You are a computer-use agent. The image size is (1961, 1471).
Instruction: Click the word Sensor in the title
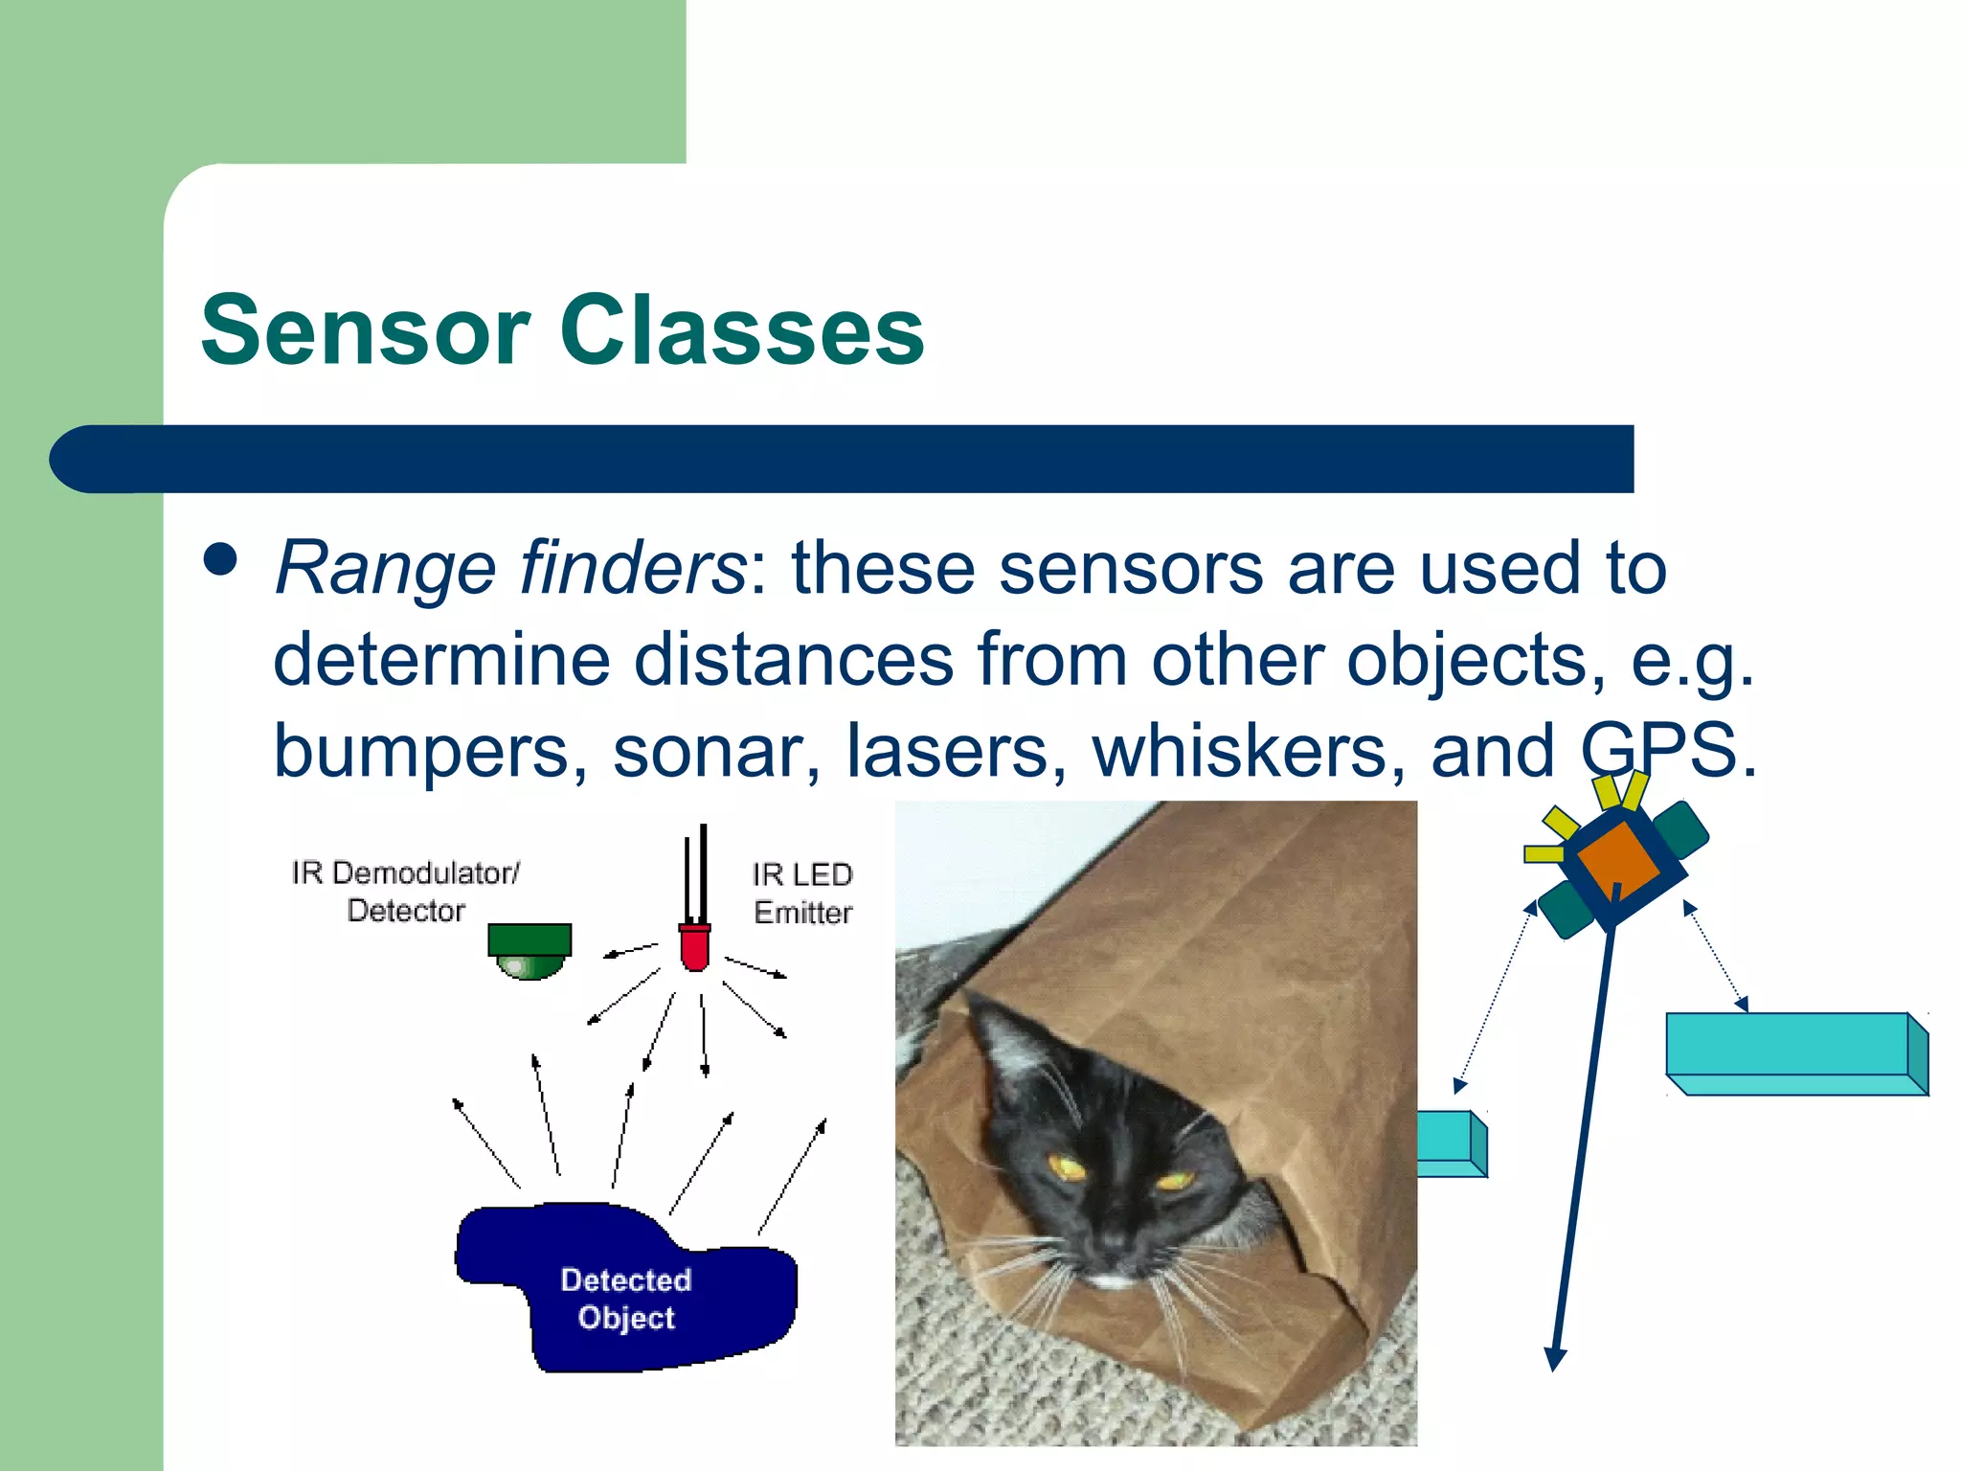coord(365,330)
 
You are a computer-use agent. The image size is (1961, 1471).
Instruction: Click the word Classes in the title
coord(742,330)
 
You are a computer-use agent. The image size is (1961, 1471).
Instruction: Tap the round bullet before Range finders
coord(221,560)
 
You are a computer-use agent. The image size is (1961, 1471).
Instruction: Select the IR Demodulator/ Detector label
coord(406,892)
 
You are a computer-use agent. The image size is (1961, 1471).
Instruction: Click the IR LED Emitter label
coord(802,894)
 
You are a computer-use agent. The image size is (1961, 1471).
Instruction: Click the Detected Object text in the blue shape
coord(626,1299)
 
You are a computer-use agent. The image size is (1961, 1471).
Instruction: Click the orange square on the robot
coord(1617,857)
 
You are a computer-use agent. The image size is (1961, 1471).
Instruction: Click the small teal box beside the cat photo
coord(1450,1143)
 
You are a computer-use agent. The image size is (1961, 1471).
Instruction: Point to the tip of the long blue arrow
coord(1554,1364)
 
